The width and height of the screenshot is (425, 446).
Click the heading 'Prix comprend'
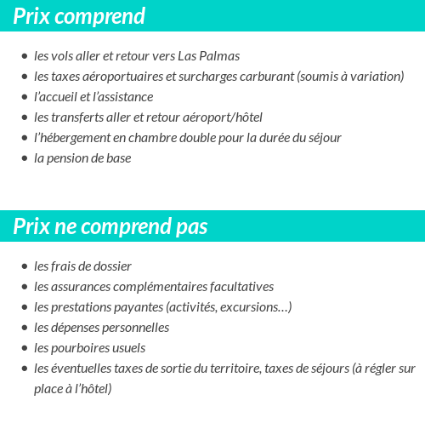pyautogui.click(x=79, y=16)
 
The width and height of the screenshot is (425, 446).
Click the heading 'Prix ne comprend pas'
pyautogui.click(x=110, y=226)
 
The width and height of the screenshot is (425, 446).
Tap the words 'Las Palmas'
pyautogui.click(x=208, y=56)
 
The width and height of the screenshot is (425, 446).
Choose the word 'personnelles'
pyautogui.click(x=135, y=328)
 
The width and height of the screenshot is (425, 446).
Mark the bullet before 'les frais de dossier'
pyautogui.click(x=24, y=266)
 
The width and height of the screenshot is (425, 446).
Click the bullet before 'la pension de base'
pyautogui.click(x=24, y=158)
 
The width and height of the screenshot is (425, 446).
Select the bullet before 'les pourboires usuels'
pyautogui.click(x=24, y=348)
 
